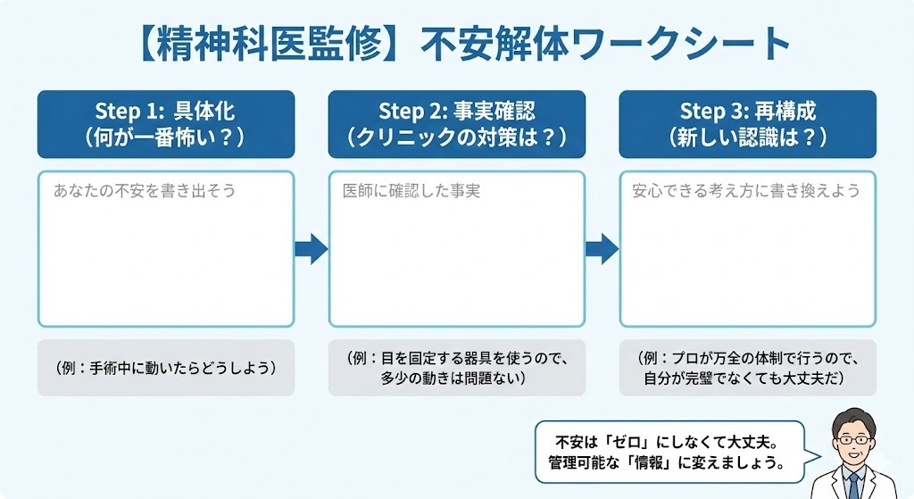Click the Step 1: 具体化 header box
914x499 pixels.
[165, 124]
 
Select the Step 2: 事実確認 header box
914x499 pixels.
[456, 124]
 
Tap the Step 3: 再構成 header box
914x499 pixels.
[747, 124]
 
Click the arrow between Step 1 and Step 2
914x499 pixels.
[311, 249]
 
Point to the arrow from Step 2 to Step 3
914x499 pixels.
[602, 249]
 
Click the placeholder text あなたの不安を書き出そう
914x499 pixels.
[144, 190]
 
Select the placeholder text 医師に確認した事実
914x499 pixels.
[411, 190]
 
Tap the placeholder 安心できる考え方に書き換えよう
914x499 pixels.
[745, 190]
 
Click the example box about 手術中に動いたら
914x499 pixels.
[165, 367]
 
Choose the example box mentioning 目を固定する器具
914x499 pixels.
[456, 367]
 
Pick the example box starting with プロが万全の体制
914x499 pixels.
[747, 367]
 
